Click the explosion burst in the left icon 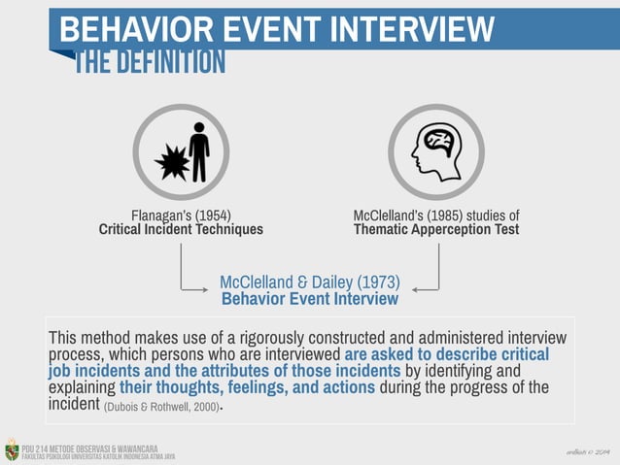tap(172, 161)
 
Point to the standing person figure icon tap(199, 151)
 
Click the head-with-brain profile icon tap(435, 151)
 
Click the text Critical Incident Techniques tap(181, 230)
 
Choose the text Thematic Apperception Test tap(436, 230)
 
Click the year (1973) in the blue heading tap(378, 282)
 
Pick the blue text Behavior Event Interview tap(310, 299)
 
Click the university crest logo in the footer tap(12, 449)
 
